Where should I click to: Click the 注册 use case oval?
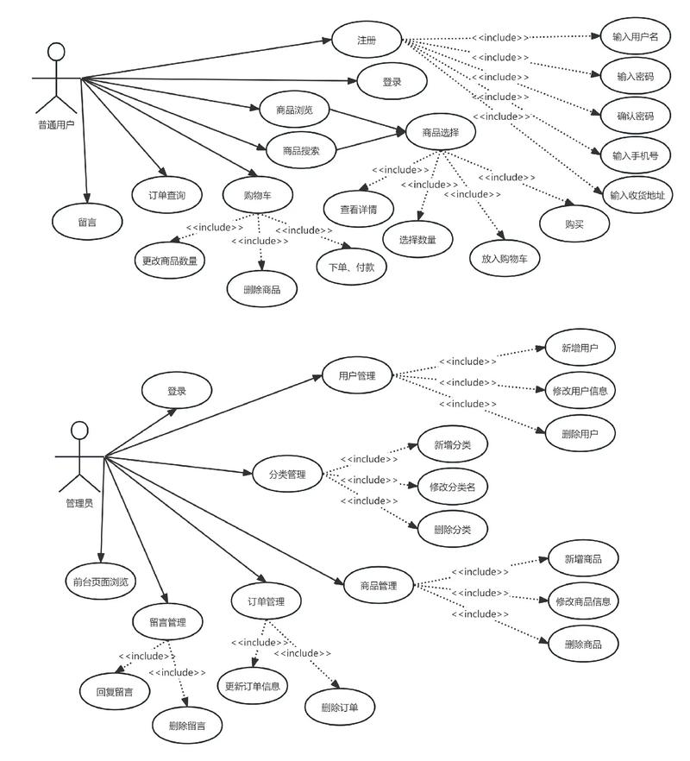(367, 40)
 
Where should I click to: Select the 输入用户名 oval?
(636, 37)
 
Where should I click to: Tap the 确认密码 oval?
(636, 116)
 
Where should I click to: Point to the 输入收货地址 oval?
(637, 195)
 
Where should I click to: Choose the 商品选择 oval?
(440, 132)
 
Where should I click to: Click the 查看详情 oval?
(359, 208)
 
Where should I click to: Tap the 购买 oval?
(574, 223)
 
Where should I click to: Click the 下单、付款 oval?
(352, 266)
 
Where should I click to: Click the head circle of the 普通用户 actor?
(56, 51)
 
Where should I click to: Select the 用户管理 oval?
(356, 375)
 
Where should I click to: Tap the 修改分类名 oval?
(452, 487)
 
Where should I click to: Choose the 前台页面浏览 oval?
(101, 581)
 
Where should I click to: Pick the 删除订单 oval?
(339, 708)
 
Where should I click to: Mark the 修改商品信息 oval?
(583, 601)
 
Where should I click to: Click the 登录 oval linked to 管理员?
(177, 391)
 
